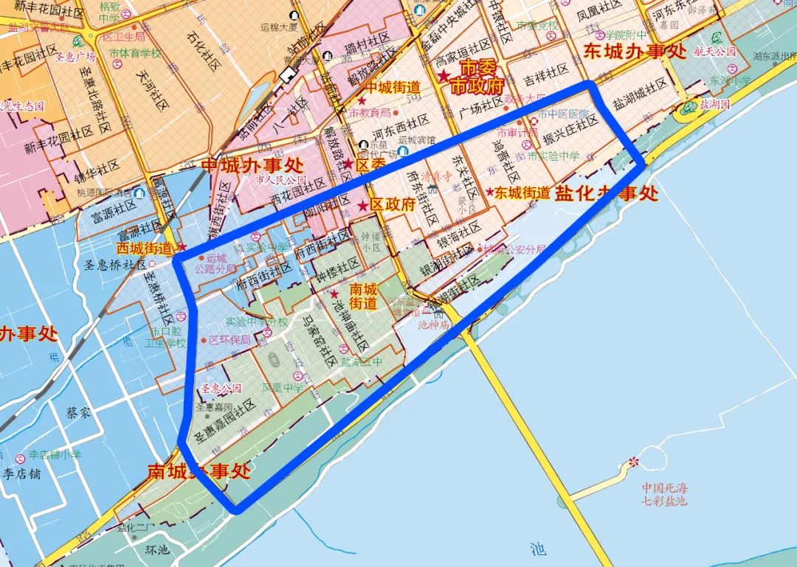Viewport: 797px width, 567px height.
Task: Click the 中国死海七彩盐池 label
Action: (664, 494)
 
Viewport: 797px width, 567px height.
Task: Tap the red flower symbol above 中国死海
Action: (633, 462)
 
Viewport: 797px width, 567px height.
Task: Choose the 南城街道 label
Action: (363, 296)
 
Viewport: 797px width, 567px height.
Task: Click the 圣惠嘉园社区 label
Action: (224, 422)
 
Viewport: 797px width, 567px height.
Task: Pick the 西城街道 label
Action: (144, 248)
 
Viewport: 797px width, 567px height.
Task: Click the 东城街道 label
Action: (522, 193)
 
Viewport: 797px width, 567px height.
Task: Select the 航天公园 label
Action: (715, 52)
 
